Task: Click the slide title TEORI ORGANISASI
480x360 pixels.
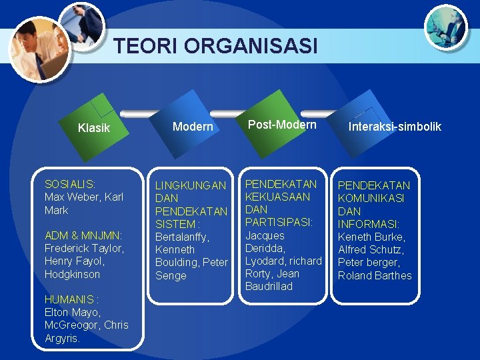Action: click(x=215, y=46)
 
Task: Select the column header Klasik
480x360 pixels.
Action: click(x=94, y=128)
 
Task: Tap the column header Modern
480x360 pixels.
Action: click(x=193, y=127)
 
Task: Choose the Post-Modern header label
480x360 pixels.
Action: click(x=282, y=125)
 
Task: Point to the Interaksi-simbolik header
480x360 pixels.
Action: click(x=395, y=127)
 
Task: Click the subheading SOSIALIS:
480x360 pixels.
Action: click(x=70, y=183)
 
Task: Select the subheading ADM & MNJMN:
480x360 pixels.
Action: click(x=83, y=235)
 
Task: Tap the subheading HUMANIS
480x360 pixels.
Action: click(x=69, y=299)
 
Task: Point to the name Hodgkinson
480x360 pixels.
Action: click(x=72, y=274)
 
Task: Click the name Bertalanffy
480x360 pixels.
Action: click(x=181, y=237)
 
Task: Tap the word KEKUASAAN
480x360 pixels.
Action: click(x=278, y=197)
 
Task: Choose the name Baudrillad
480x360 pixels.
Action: click(x=269, y=286)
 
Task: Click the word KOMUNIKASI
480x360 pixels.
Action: click(x=371, y=198)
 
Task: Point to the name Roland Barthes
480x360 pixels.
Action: click(x=375, y=275)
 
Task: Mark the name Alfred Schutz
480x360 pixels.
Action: click(x=370, y=249)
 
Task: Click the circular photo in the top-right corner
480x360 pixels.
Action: click(x=446, y=26)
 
